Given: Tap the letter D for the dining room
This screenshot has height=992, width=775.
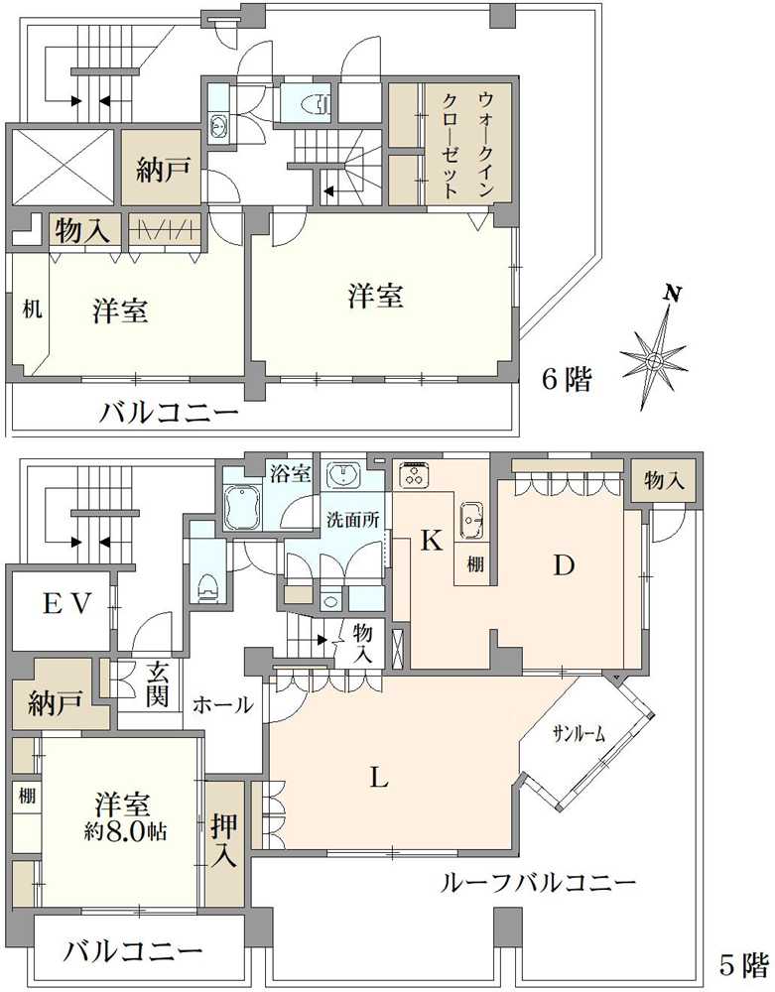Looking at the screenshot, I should [x=564, y=565].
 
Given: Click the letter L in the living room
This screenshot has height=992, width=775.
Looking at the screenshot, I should [x=378, y=779].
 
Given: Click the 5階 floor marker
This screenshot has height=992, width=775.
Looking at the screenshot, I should [x=743, y=962].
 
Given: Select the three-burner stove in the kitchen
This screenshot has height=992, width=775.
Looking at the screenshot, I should [x=414, y=475].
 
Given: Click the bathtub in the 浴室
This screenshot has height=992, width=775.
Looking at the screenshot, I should [x=242, y=508].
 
